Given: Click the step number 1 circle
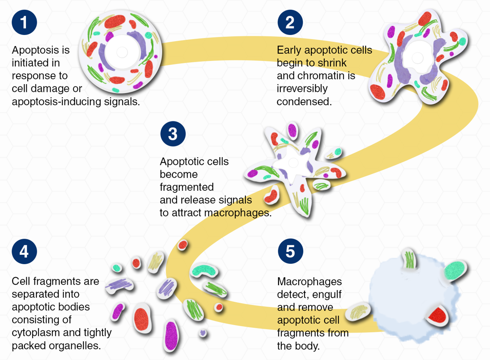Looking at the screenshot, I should pyautogui.click(x=24, y=23).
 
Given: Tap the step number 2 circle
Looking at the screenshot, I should pyautogui.click(x=290, y=22).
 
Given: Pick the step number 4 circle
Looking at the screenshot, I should pyautogui.click(x=24, y=251).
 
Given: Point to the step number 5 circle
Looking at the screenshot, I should pyautogui.click(x=290, y=251).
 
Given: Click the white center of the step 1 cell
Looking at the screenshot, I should pyautogui.click(x=122, y=52).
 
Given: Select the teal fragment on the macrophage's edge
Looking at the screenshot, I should pyautogui.click(x=453, y=270).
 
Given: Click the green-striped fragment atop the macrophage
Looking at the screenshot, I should pyautogui.click(x=409, y=259).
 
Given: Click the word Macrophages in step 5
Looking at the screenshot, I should pyautogui.click(x=309, y=282).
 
